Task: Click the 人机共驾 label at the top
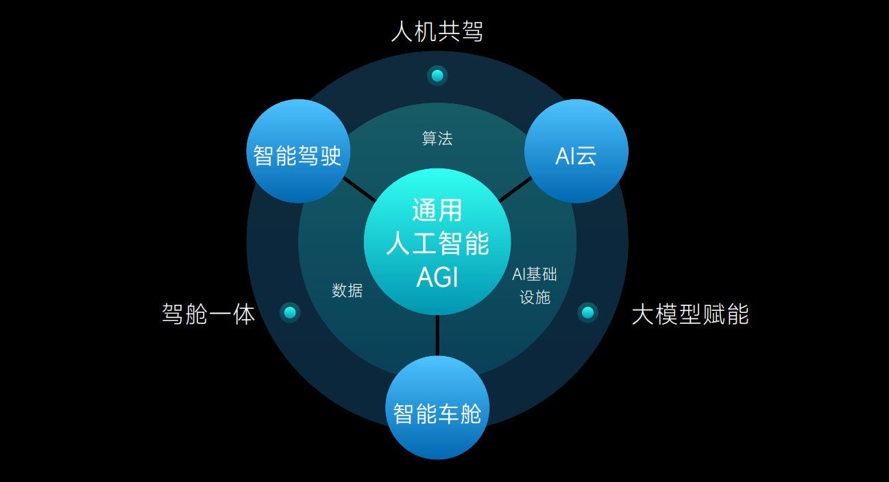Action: [x=437, y=31]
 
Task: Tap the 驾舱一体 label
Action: [x=208, y=314]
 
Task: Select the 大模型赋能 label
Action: [x=690, y=314]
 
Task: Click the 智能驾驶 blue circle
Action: [x=298, y=151]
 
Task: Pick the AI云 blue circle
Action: [x=576, y=151]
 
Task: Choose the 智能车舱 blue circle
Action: [x=437, y=407]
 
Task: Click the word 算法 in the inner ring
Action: [x=437, y=138]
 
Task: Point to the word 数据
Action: [x=348, y=290]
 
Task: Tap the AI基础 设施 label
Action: [x=535, y=286]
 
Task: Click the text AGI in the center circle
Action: [x=437, y=277]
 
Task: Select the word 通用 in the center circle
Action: [x=437, y=210]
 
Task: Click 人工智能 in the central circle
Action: [x=437, y=243]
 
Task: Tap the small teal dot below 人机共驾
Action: [x=437, y=75]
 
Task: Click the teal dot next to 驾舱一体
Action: [x=290, y=313]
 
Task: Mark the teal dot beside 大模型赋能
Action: [x=588, y=313]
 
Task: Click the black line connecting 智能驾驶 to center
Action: [x=359, y=189]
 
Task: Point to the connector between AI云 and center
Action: [x=515, y=190]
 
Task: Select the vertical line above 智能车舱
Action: [x=437, y=335]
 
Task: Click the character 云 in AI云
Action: [x=586, y=156]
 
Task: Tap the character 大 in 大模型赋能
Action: [x=643, y=314]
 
